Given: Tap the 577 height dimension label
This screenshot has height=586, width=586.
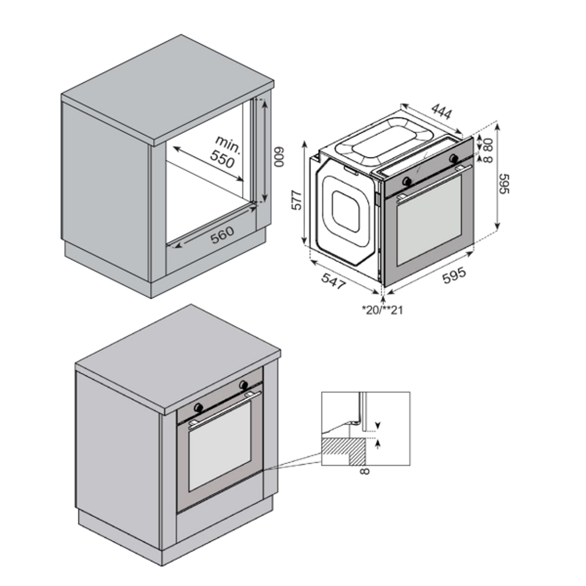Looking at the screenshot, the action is click(x=298, y=200).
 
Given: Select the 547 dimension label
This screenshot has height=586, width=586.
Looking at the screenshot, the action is click(x=333, y=281).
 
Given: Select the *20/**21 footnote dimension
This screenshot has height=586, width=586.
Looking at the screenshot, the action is click(x=382, y=310).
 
